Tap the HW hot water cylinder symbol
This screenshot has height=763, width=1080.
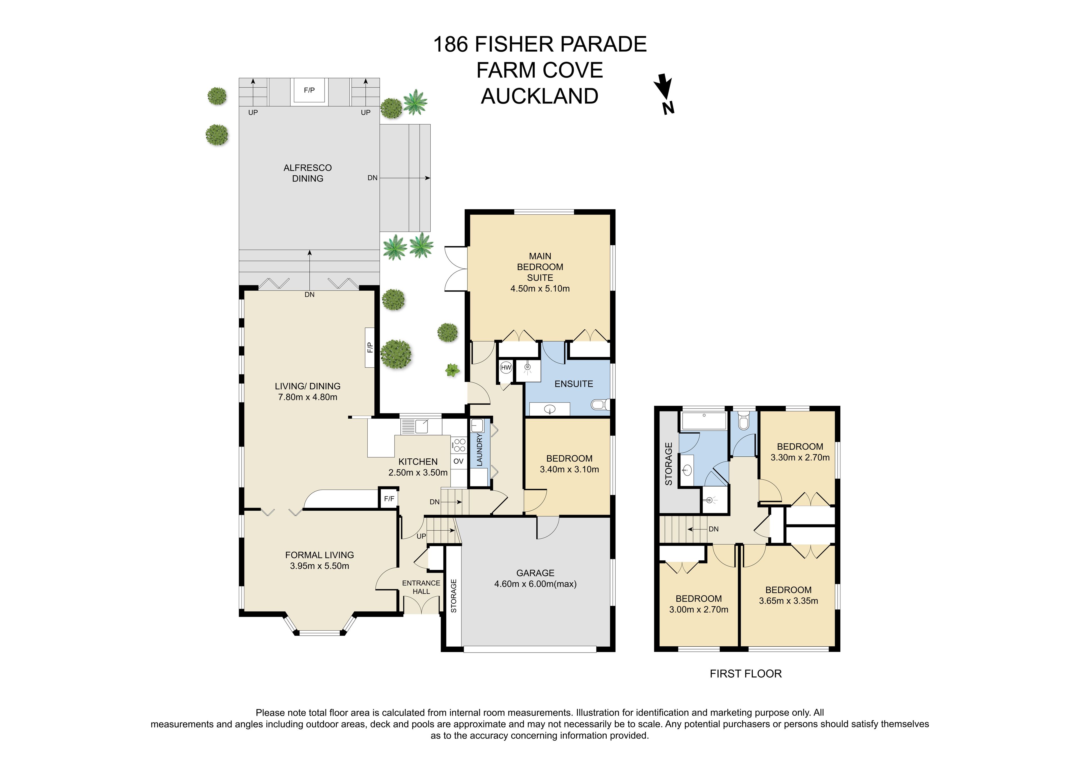point(506,368)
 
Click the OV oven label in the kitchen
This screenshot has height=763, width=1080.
point(458,461)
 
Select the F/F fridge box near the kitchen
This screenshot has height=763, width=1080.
point(389,499)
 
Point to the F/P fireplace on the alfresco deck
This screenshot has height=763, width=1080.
point(309,90)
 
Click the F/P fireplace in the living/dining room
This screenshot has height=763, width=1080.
point(370,347)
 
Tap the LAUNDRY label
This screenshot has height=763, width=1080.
point(479,450)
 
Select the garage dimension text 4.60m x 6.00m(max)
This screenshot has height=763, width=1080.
point(535,584)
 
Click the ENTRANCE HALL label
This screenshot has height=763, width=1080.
point(421,587)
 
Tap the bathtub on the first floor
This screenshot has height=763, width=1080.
point(704,421)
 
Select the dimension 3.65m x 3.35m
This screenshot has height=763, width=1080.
point(788,601)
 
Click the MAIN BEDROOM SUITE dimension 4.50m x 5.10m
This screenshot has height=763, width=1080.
point(540,289)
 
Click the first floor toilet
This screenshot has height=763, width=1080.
point(744,421)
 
